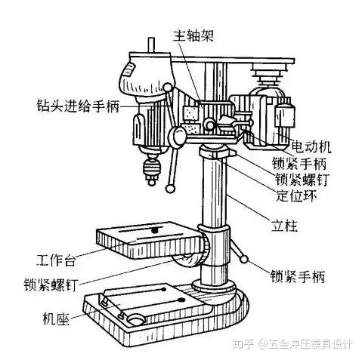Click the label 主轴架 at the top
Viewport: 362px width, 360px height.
(x=193, y=35)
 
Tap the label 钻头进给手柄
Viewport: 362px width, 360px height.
(x=78, y=106)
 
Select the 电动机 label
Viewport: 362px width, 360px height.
(x=311, y=147)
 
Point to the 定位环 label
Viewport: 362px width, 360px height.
(x=296, y=195)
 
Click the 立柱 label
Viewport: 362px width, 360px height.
(x=284, y=226)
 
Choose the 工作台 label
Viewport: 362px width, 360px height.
(x=56, y=260)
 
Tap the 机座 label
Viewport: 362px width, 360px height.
(x=56, y=318)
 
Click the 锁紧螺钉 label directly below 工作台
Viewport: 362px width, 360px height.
(x=51, y=285)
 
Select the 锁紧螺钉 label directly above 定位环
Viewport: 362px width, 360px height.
(x=302, y=180)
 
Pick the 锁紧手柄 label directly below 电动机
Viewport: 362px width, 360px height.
(x=299, y=163)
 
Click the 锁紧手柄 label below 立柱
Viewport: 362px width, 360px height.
(x=298, y=276)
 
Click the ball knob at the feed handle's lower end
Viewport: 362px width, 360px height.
(x=171, y=189)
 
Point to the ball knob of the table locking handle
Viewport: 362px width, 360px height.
(x=244, y=259)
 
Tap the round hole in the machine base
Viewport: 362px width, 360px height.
(x=137, y=319)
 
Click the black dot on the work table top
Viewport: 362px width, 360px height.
(x=154, y=229)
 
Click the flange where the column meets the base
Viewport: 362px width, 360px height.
(x=214, y=287)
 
